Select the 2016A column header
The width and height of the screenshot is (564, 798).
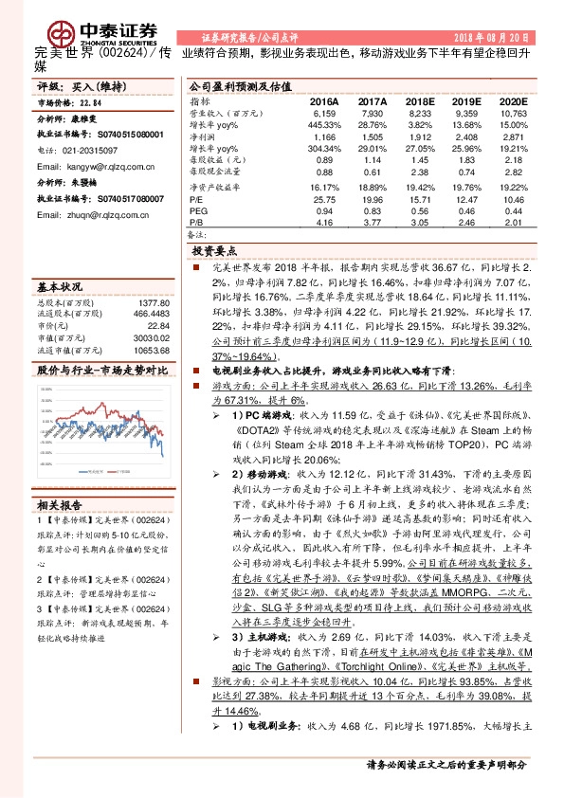[323, 100]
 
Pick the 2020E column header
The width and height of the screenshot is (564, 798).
[513, 100]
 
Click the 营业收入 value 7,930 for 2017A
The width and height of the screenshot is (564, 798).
[373, 112]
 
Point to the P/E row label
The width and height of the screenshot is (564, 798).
[197, 200]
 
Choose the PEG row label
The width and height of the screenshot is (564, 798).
[199, 211]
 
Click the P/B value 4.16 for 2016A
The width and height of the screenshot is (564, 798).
[324, 223]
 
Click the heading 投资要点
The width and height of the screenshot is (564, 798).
[215, 251]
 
